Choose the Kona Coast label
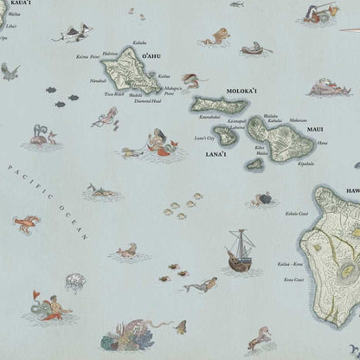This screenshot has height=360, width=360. coord(294,280)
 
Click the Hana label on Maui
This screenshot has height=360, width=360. coord(322,142)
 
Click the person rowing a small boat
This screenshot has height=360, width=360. coord(251,49)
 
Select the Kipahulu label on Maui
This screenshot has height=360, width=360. coord(306,163)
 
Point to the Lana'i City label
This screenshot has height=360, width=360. coord(204,138)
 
